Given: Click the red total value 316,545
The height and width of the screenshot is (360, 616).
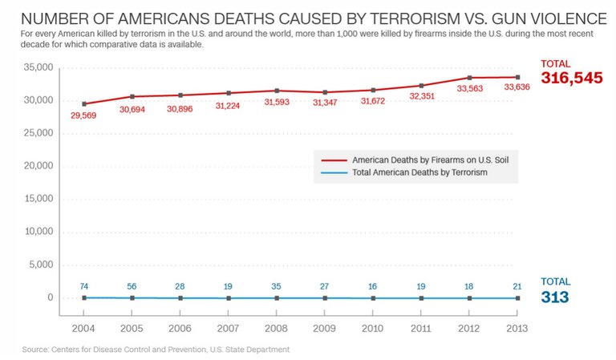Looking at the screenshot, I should (571, 79).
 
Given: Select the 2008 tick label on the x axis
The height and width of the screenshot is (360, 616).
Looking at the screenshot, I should (277, 329).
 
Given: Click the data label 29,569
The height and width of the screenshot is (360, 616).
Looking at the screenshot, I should (84, 115).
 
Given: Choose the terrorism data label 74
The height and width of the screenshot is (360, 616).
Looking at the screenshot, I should (84, 286).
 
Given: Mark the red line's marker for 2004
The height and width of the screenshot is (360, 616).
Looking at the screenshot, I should (84, 103).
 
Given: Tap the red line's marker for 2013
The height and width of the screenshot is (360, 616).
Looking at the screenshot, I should (517, 77).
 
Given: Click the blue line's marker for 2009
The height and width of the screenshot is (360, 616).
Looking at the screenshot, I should (325, 297).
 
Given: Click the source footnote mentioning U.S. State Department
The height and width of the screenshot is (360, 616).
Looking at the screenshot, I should (156, 350).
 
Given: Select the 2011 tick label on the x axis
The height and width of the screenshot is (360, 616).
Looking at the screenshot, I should (421, 329).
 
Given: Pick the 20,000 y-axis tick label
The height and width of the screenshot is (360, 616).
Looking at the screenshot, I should (38, 166).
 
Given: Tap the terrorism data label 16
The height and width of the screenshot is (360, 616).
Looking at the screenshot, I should (373, 286).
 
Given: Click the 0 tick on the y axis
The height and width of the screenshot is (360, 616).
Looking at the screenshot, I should (50, 297).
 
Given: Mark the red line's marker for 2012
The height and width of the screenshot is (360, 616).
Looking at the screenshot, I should (469, 78).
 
